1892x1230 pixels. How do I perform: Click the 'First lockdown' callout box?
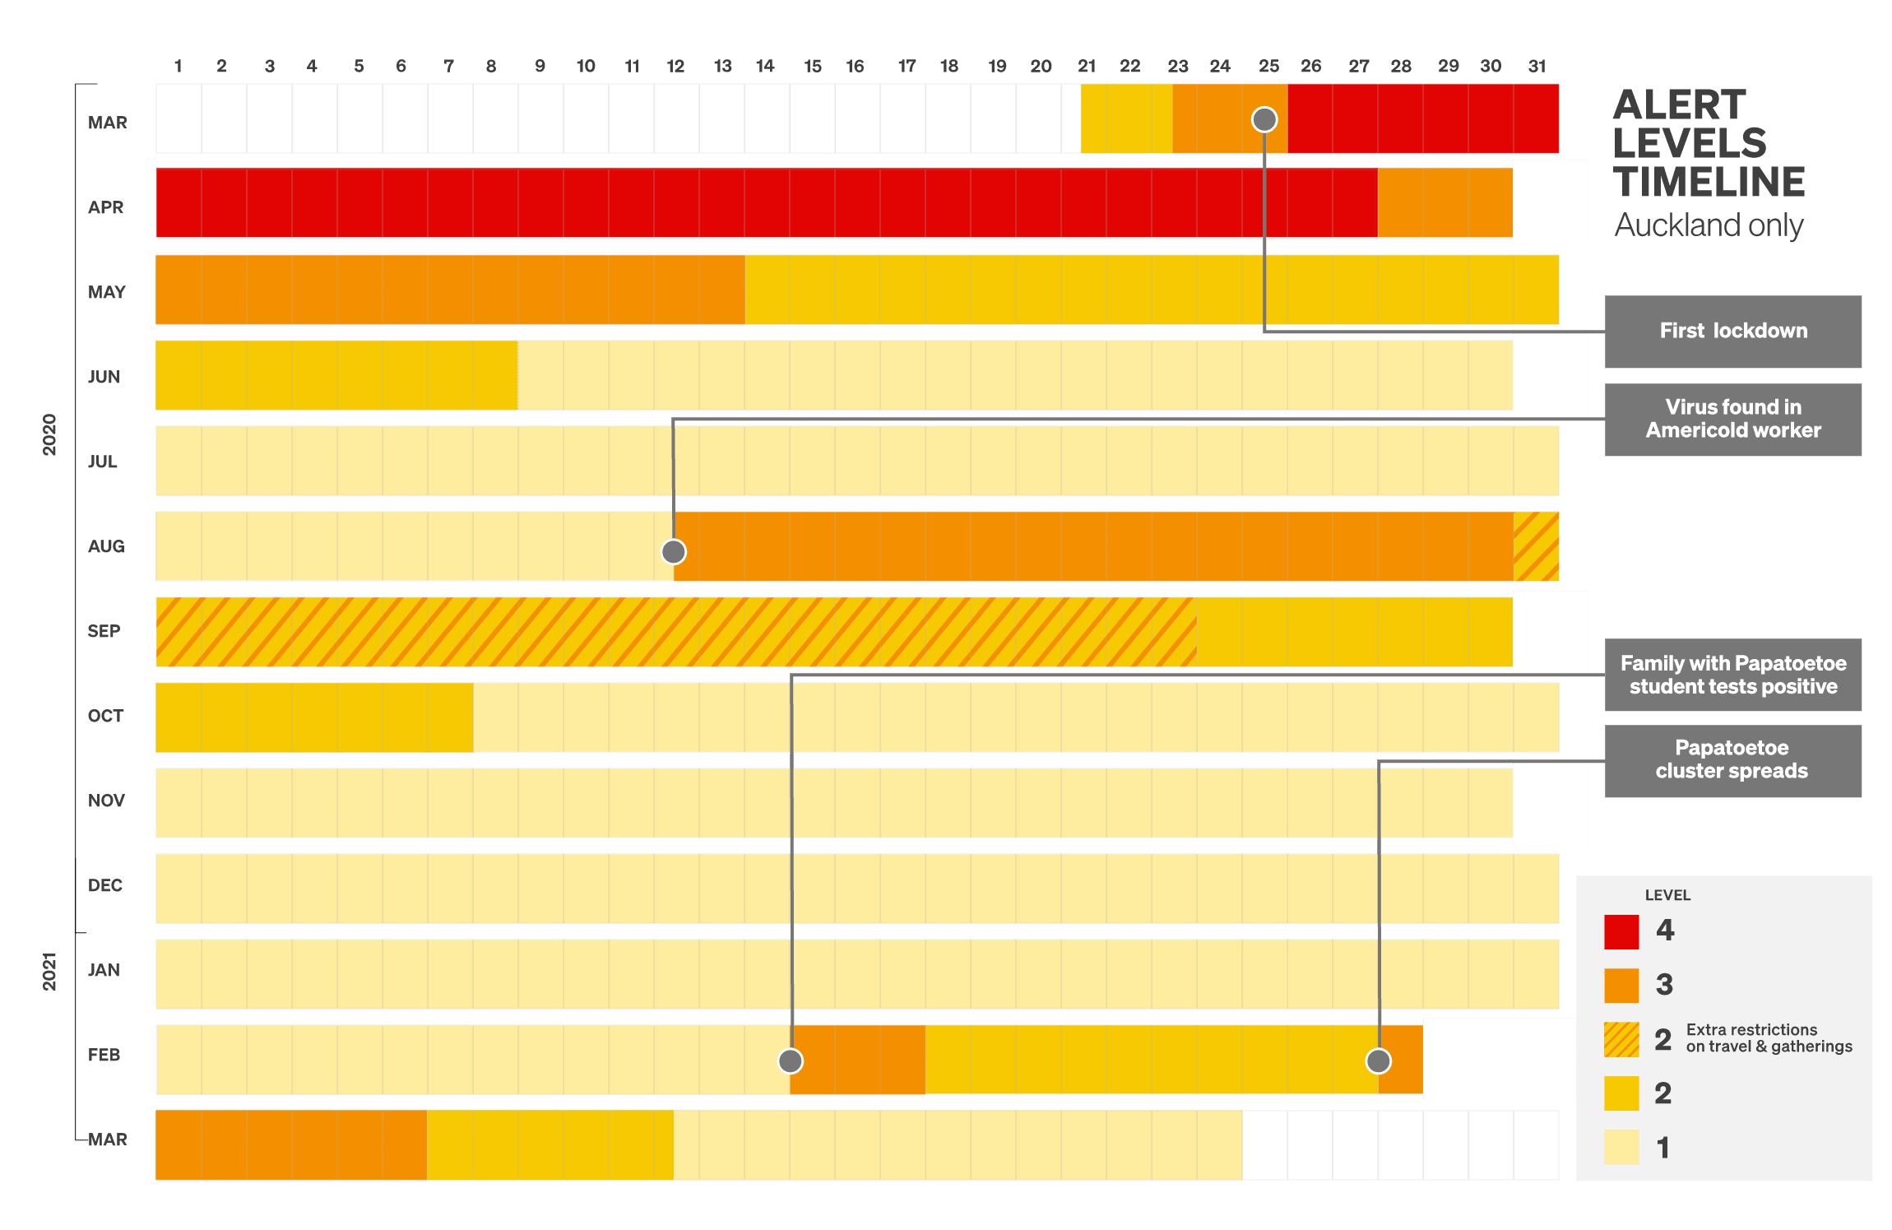(x=1732, y=331)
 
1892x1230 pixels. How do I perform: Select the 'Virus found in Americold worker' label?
(x=1732, y=419)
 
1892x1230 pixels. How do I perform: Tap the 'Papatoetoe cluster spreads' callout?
(x=1732, y=759)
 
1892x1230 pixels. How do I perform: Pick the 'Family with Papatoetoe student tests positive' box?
(x=1732, y=675)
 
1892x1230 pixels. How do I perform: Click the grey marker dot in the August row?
(x=674, y=551)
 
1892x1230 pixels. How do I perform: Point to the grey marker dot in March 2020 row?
(x=1264, y=120)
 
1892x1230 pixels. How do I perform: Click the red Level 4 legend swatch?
(x=1621, y=931)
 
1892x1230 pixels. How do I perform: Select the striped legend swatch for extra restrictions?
(x=1621, y=1039)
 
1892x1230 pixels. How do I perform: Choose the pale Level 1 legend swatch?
(x=1621, y=1147)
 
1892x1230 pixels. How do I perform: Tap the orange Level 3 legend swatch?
(x=1621, y=985)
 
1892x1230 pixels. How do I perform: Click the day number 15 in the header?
(x=813, y=67)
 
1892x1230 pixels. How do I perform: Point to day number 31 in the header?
(x=1537, y=67)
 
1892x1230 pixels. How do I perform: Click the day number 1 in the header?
(x=178, y=67)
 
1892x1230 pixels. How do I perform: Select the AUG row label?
(x=106, y=546)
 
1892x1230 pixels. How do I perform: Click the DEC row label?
(x=105, y=885)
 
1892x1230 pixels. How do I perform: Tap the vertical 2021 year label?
(x=50, y=972)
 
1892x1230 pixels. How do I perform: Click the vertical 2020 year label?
(x=50, y=434)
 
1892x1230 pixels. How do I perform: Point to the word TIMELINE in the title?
(x=1709, y=182)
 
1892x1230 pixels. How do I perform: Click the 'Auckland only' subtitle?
(x=1709, y=225)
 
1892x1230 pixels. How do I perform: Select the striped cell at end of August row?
(x=1536, y=546)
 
